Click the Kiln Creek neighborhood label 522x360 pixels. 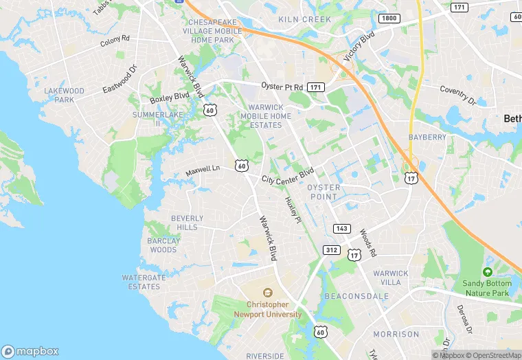pyautogui.click(x=304, y=20)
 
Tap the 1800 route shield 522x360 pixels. pyautogui.click(x=389, y=18)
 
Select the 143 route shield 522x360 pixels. pyautogui.click(x=341, y=228)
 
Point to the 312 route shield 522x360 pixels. pyautogui.click(x=332, y=249)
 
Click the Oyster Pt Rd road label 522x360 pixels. pyautogui.click(x=282, y=87)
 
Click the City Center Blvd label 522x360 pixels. pyautogui.click(x=288, y=175)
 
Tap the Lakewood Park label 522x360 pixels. pyautogui.click(x=64, y=95)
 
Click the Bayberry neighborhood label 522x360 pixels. pyautogui.click(x=427, y=137)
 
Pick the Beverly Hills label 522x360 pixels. pyautogui.click(x=187, y=223)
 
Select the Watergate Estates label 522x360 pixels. pyautogui.click(x=144, y=282)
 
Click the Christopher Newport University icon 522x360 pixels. pyautogui.click(x=269, y=292)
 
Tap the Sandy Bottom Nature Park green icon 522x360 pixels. pyautogui.click(x=488, y=271)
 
